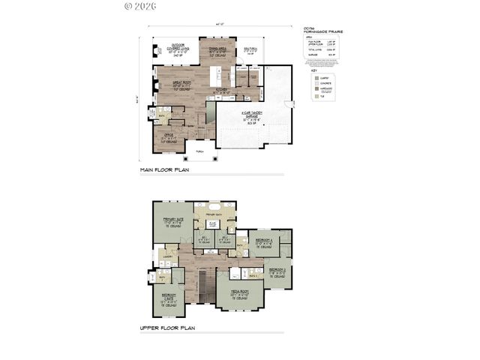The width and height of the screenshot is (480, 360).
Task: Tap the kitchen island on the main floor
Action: [218, 75]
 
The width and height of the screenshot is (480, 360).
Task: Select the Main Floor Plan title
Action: [165, 171]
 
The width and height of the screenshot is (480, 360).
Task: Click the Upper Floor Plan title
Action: [166, 328]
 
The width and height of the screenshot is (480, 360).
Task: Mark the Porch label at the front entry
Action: [199, 151]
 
